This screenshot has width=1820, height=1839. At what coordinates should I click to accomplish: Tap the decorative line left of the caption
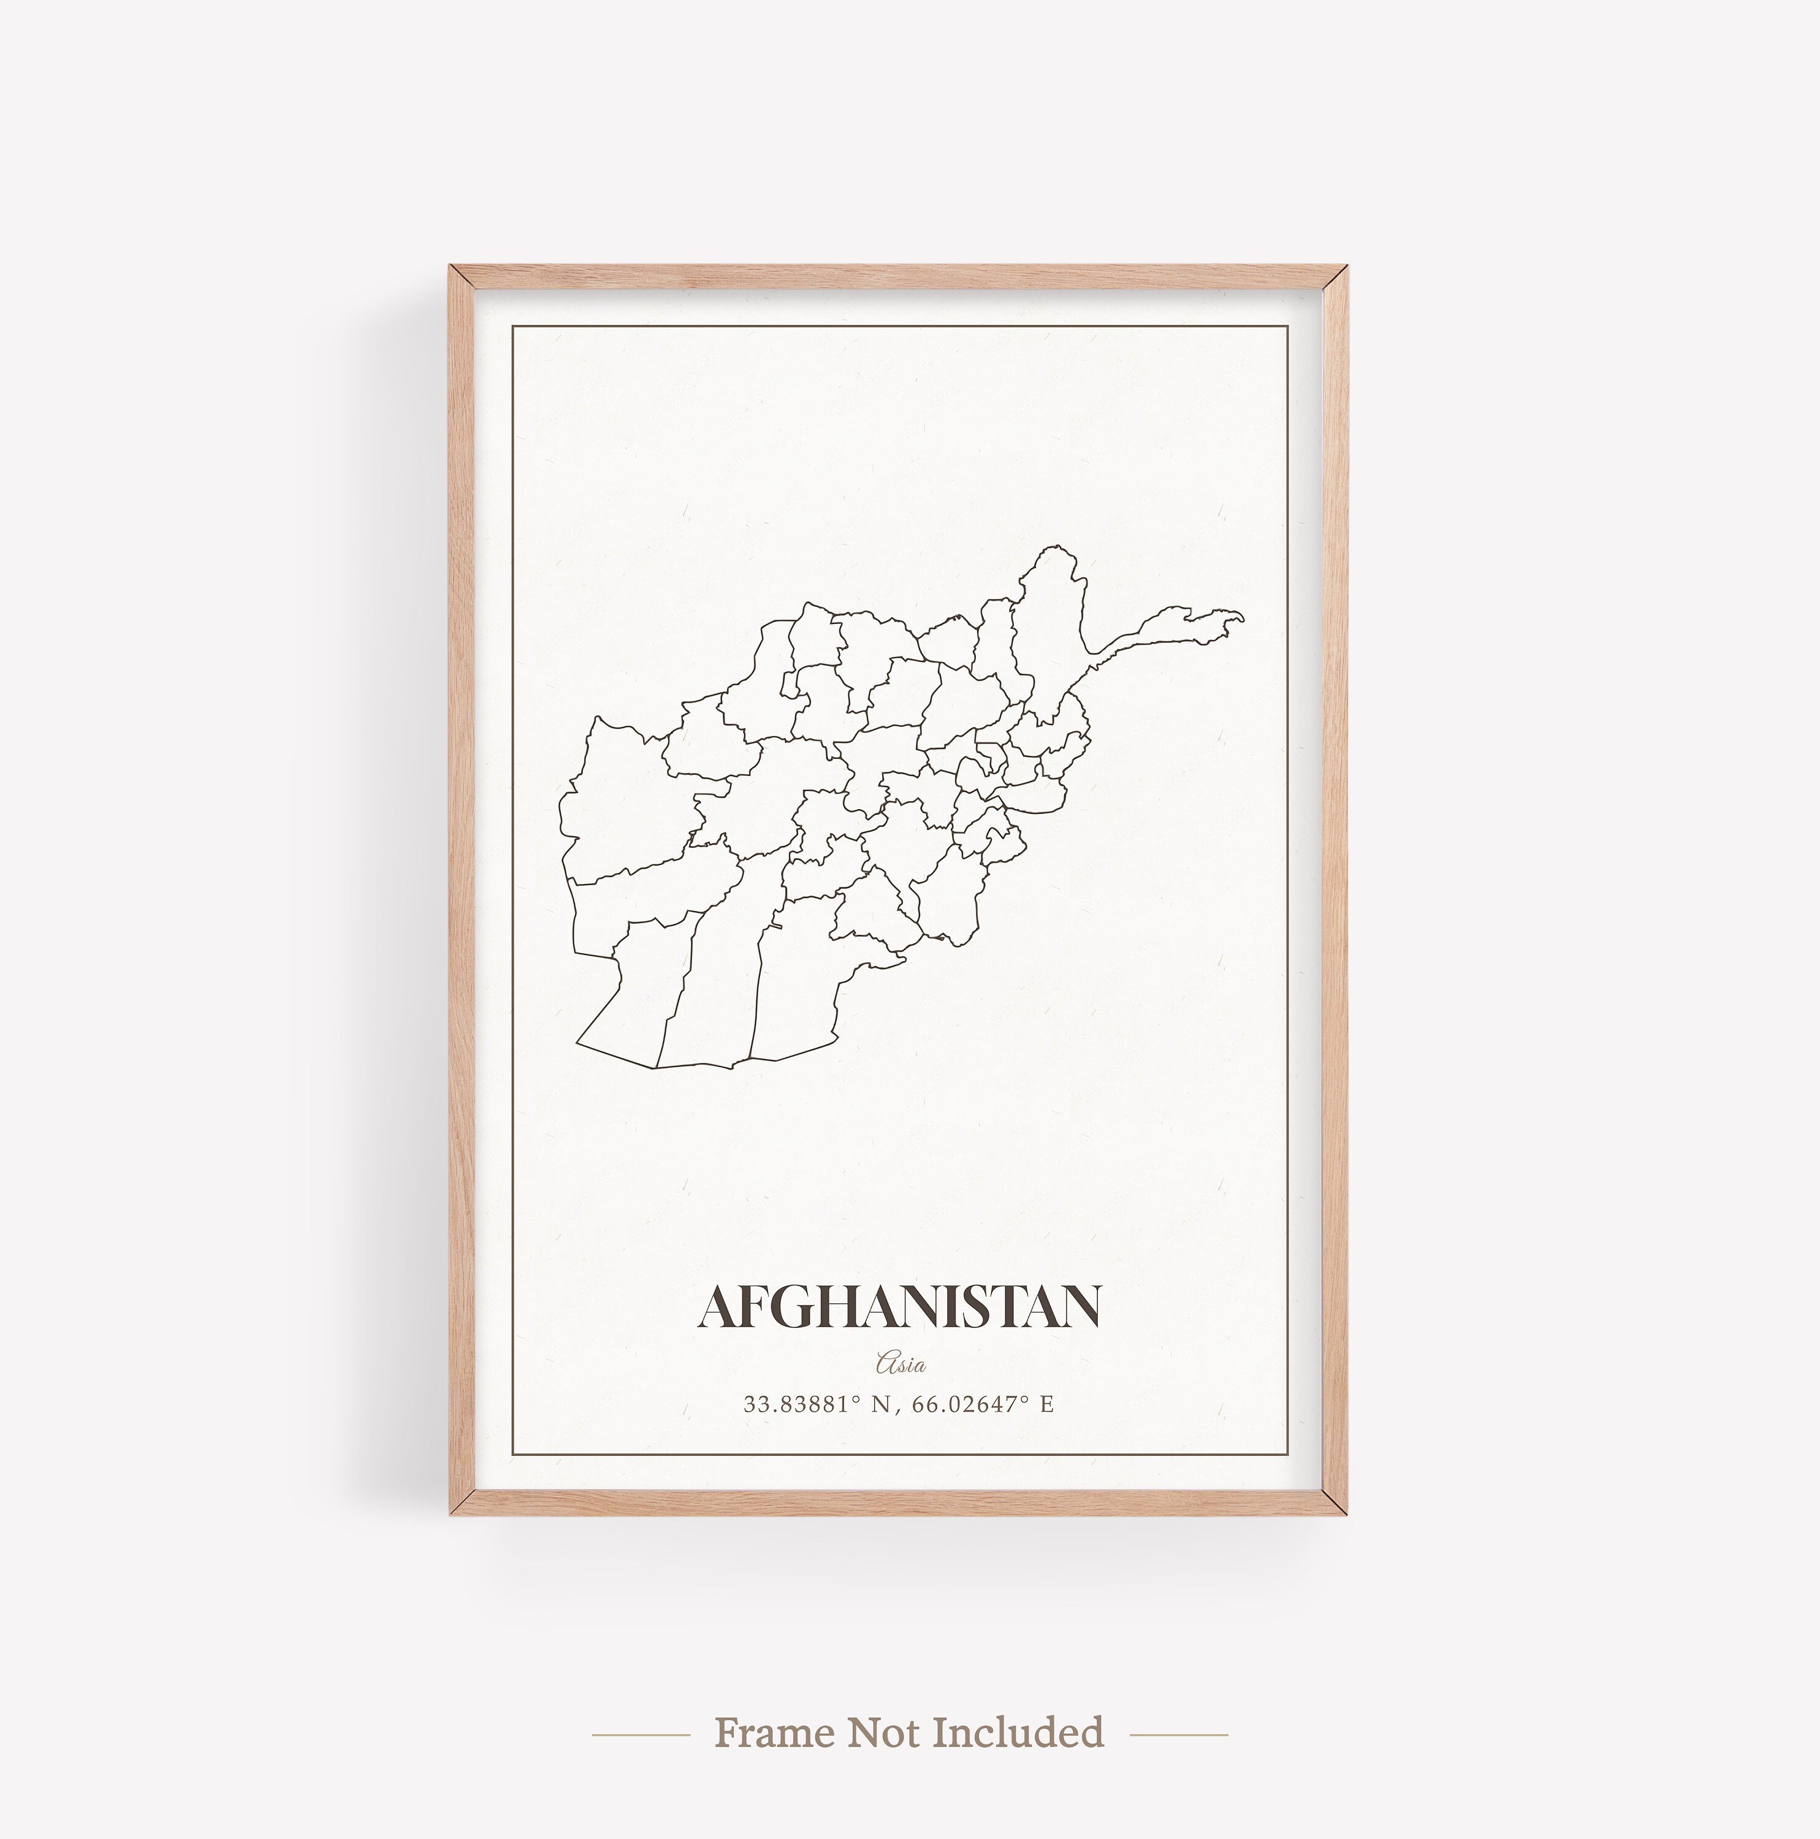[641, 1734]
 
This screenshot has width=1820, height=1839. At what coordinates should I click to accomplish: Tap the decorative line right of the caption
[1178, 1734]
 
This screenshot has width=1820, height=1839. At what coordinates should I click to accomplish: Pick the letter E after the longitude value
[1047, 1404]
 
